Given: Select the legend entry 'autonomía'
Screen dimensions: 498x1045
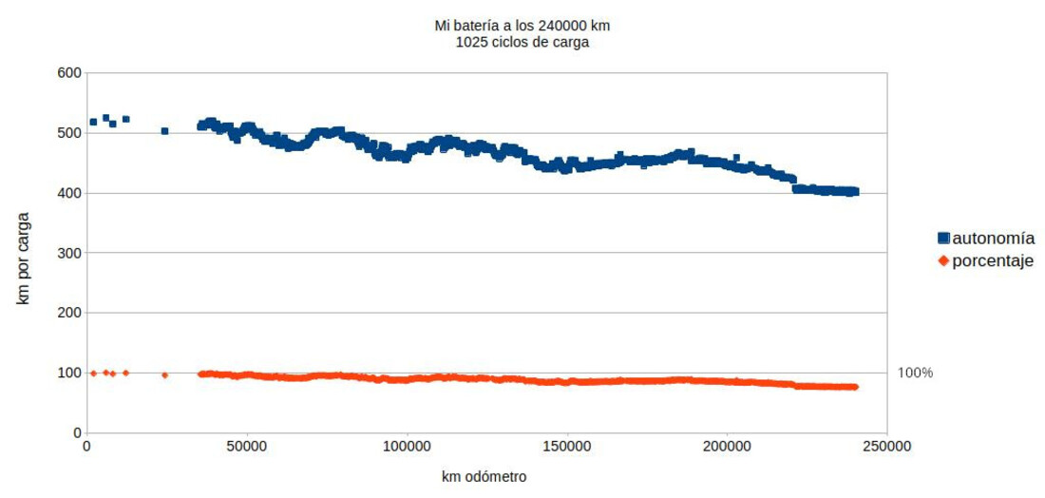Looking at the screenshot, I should click(993, 239).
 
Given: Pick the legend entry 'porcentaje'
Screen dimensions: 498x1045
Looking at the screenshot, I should click(993, 261).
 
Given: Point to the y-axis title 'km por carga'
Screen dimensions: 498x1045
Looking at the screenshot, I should click(23, 252).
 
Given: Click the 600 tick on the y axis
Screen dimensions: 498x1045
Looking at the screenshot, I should click(67, 72).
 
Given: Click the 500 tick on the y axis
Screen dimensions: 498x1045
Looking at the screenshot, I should click(67, 132).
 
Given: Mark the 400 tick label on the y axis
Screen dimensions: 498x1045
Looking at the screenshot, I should click(67, 193).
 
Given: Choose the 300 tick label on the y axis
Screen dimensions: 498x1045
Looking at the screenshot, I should click(67, 253).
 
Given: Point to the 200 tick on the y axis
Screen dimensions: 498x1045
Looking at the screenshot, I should click(67, 313).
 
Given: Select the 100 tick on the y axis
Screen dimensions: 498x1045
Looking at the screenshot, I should click(67, 373).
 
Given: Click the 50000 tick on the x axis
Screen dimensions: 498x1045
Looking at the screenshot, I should click(246, 446).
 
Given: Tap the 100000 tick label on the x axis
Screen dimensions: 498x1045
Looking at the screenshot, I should click(407, 446).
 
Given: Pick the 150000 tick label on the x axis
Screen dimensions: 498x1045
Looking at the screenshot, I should click(567, 446).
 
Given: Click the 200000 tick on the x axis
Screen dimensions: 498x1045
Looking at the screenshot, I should click(728, 446).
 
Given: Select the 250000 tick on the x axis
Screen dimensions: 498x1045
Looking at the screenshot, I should click(887, 446).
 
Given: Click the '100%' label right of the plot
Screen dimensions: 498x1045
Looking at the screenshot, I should click(916, 373).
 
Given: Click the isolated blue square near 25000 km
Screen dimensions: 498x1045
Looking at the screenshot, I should click(164, 131).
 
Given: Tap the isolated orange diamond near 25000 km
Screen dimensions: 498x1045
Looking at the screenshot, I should click(164, 375).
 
